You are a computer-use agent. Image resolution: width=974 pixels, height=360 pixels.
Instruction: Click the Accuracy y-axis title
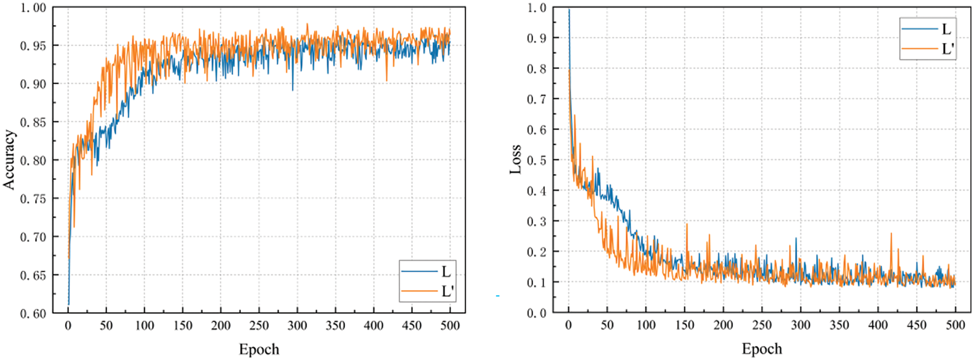[9, 159]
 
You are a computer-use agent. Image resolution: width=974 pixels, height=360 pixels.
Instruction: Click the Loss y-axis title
[515, 159]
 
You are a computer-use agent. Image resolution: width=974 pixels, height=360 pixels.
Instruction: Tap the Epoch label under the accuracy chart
[259, 349]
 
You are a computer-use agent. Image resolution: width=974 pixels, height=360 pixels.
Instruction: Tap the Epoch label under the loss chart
[762, 349]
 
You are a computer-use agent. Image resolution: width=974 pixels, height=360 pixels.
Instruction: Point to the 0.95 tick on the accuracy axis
[33, 46]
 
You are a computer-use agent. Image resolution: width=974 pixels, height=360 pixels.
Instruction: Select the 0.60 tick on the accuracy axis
[33, 313]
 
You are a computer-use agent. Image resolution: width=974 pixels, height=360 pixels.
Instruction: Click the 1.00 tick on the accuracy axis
[33, 8]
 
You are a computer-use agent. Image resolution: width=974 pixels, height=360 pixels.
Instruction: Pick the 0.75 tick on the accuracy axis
[33, 198]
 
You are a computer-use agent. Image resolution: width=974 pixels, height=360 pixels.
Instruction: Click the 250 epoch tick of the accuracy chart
[259, 326]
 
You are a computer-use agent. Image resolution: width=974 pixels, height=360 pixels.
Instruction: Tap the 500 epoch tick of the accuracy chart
[450, 326]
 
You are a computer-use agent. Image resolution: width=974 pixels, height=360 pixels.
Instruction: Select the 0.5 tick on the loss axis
[536, 160]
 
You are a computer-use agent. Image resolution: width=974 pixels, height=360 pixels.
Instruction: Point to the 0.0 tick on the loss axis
[536, 313]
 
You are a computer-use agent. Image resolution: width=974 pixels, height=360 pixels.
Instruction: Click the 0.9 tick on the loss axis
[536, 38]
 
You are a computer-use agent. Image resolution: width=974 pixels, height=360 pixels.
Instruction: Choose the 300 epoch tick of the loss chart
[801, 325]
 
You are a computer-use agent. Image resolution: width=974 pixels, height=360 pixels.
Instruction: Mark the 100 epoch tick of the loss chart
[646, 325]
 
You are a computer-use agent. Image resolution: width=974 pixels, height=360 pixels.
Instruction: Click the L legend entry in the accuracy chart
[445, 271]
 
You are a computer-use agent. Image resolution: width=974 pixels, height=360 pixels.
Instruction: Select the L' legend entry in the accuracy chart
[447, 291]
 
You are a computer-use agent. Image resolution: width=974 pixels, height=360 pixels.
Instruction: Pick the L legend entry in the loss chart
[946, 29]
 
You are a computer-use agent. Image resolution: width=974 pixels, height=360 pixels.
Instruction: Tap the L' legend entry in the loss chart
[947, 49]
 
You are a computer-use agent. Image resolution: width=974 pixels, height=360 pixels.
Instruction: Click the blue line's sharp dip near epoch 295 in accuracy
[293, 90]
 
